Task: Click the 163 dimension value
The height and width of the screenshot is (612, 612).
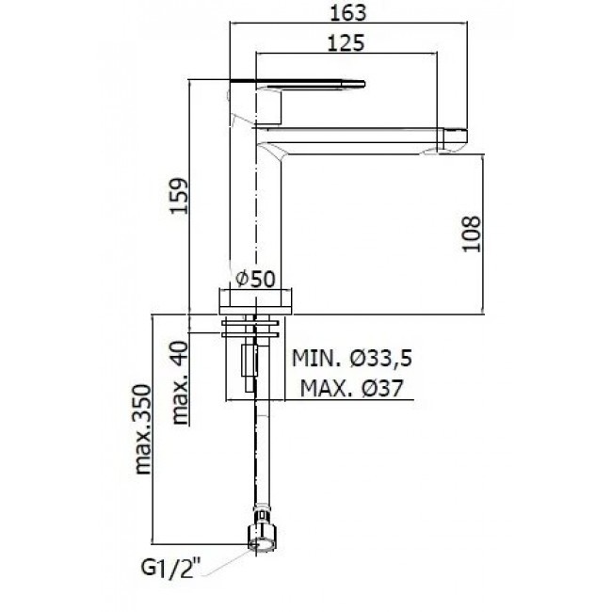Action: [348, 13]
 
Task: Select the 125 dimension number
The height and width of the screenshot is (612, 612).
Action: [346, 42]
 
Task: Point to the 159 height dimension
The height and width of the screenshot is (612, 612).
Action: [179, 196]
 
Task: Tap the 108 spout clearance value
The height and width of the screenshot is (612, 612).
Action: [471, 234]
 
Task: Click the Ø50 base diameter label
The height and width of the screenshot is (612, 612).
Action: [256, 279]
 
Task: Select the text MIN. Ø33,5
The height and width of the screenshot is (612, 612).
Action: [352, 359]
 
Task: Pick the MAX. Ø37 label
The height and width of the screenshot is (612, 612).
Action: [351, 388]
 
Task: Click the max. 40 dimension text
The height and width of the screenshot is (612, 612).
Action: [181, 382]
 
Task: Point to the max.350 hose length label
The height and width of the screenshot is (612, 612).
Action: [142, 429]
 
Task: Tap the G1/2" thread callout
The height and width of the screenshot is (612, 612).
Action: [170, 569]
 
